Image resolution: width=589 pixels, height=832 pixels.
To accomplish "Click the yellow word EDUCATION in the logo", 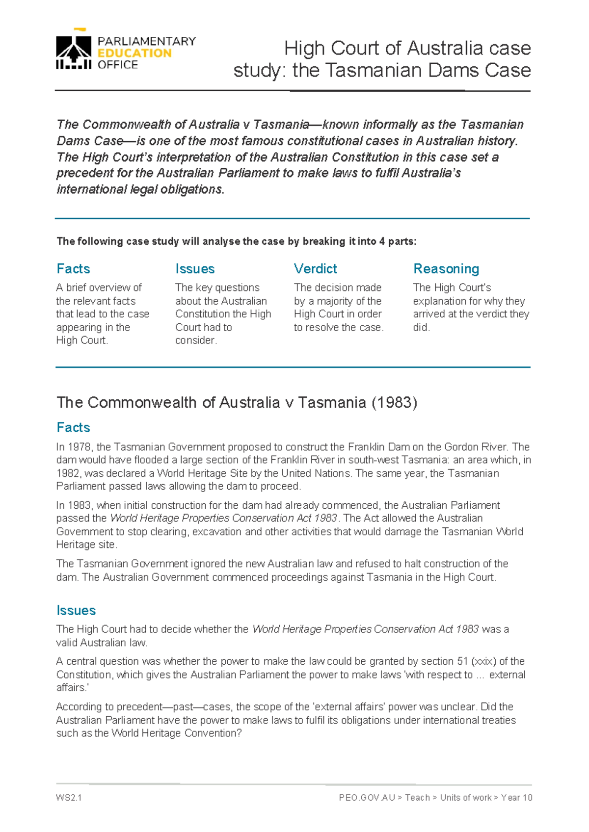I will point(134,53).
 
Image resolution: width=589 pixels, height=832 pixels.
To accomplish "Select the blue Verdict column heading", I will point(315,269).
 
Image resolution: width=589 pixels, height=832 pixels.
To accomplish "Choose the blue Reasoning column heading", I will point(446,269).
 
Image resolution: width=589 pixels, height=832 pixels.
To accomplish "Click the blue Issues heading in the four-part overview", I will point(195,269).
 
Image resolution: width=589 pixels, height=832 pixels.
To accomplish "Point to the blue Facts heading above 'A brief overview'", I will point(73,269).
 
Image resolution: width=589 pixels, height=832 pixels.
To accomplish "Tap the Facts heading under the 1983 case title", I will point(73,427).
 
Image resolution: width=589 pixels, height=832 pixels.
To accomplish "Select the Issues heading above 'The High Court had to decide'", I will point(76,610).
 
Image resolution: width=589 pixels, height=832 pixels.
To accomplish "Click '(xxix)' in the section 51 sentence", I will point(483,661).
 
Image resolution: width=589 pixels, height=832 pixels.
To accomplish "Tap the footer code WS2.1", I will point(69,798).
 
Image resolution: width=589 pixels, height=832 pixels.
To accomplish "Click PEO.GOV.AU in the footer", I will point(367,798).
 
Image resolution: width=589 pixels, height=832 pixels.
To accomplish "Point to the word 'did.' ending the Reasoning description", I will point(421,327).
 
